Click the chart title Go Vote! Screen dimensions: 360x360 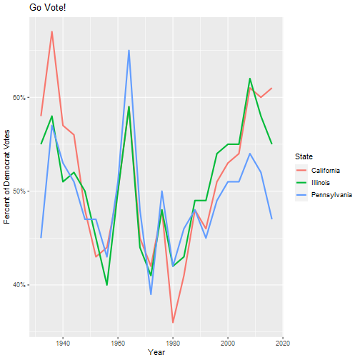tap(48, 8)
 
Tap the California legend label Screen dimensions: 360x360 tap(326, 171)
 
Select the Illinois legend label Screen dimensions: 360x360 tap(321, 183)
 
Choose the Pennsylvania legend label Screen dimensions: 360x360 tap(331, 195)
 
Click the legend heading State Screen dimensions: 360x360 tap(304, 156)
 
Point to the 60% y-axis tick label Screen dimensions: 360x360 tap(19, 97)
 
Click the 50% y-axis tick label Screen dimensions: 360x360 tap(19, 191)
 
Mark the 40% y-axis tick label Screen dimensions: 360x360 tap(19, 285)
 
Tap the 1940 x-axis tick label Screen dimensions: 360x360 tap(63, 343)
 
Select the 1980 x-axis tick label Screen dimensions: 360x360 tap(173, 343)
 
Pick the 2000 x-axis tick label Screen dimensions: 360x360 tap(228, 343)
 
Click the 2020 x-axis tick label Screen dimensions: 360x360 tap(283, 343)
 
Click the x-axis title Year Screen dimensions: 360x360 tap(156, 352)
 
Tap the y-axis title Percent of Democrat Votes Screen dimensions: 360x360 tap(6, 176)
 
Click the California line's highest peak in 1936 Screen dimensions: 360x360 tap(52, 31)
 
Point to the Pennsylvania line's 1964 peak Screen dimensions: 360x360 tap(129, 50)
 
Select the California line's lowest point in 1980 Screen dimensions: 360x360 tap(173, 322)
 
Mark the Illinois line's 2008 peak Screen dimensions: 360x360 tap(250, 79)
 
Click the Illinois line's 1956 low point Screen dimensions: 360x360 tap(107, 285)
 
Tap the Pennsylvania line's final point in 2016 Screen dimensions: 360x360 tap(271, 219)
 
